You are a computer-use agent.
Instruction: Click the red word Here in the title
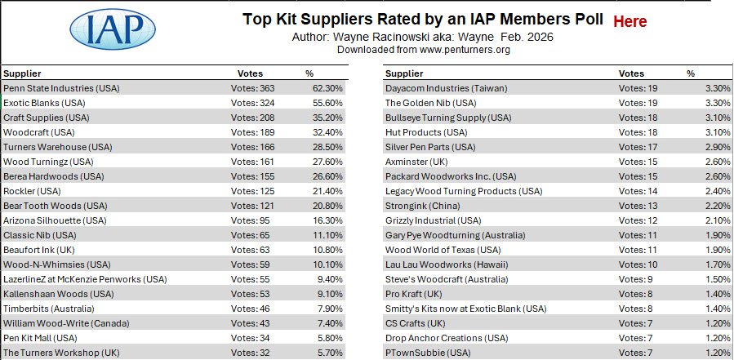(629, 22)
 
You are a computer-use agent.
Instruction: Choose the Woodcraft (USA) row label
(41, 132)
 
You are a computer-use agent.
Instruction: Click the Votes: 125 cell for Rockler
(253, 191)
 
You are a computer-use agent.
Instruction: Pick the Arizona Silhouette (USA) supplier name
(55, 220)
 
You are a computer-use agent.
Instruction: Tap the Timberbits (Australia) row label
(49, 309)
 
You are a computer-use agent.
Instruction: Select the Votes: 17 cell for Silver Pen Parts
(637, 147)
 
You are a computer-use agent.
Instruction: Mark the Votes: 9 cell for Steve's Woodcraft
(634, 279)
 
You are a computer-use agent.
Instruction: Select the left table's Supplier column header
(22, 73)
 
